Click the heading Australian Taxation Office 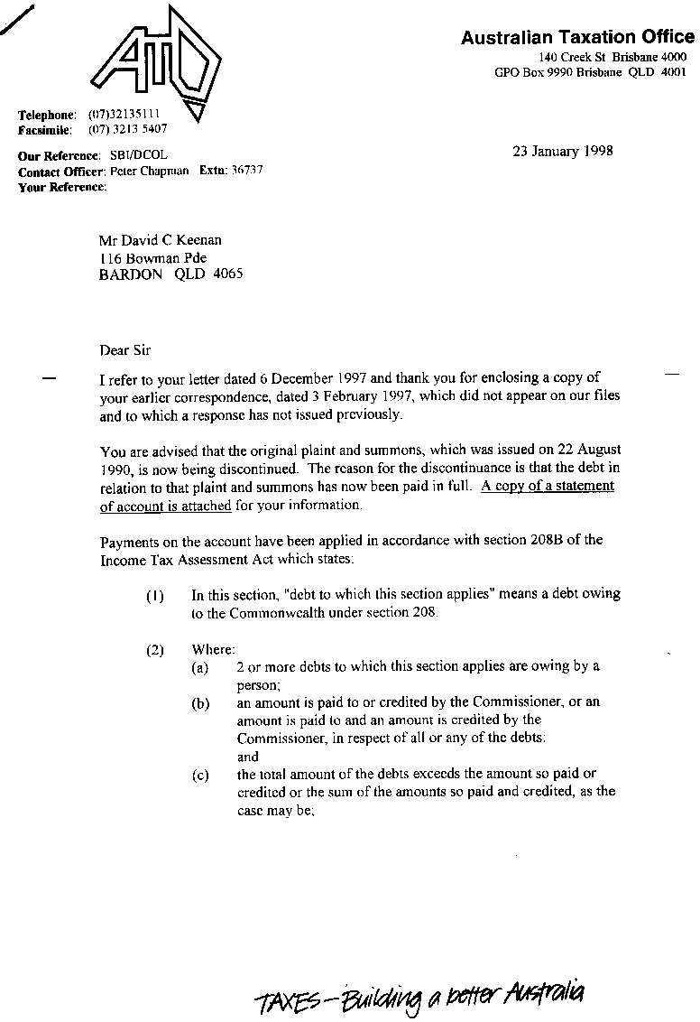577,37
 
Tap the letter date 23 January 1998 562,151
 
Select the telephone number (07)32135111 124,115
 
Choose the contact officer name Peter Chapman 149,171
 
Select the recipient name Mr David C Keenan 160,240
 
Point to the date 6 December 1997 290,377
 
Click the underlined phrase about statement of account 357,496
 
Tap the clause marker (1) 155,596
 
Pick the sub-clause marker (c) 199,775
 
